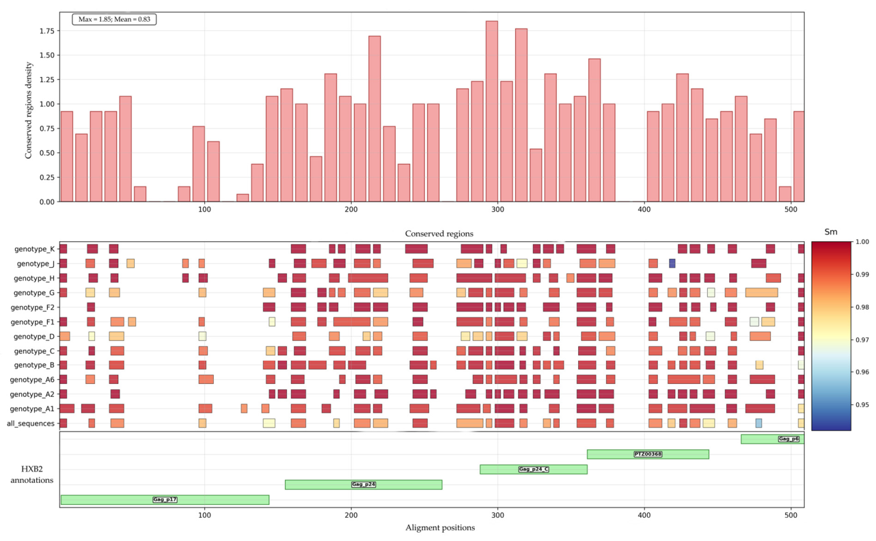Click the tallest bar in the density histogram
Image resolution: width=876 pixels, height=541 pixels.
pos(492,111)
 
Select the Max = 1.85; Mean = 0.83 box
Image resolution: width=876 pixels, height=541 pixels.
pos(114,19)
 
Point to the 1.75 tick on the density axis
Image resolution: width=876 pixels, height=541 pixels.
pos(47,31)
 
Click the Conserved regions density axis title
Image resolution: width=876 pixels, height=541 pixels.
pos(28,110)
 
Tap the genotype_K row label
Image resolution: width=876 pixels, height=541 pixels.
pos(34,249)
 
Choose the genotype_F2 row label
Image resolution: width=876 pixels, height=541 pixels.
pos(33,307)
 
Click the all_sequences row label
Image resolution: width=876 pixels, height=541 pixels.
pos(31,424)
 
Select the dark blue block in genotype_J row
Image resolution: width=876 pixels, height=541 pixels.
pos(672,264)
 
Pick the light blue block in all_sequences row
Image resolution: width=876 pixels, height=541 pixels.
pos(758,423)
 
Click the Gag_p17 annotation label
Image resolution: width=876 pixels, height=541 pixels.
pos(165,499)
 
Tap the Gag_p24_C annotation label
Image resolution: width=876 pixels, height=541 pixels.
pos(534,469)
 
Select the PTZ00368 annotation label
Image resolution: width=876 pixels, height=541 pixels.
pos(648,454)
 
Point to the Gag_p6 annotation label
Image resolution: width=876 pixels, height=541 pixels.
pos(789,439)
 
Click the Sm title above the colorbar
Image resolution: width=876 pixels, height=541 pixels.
pos(831,232)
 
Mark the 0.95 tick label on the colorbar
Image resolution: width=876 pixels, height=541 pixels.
pos(862,405)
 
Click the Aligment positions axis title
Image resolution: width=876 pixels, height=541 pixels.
pos(440,528)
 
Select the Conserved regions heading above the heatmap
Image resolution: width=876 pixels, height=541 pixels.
pos(439,234)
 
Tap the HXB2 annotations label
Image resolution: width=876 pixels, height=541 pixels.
pos(31,474)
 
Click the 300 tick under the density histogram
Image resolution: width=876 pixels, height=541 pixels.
pos(498,209)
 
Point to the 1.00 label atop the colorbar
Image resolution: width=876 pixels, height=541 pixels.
pos(862,242)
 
